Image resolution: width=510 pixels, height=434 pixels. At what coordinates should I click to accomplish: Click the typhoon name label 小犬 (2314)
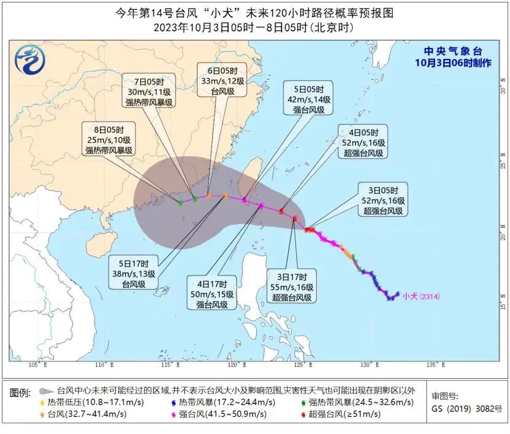point(422,296)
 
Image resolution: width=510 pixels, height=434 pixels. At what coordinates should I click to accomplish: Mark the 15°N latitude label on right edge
point(502,306)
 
